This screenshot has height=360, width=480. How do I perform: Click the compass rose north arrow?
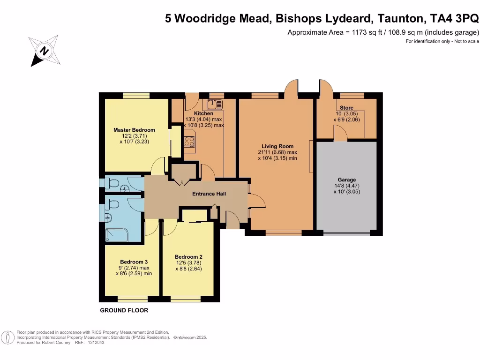[44, 51]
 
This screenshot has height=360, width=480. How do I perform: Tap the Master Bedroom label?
[134, 130]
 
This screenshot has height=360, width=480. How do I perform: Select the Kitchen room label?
[203, 113]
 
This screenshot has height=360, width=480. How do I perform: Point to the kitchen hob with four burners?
[189, 141]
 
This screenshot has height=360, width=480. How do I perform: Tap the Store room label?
[346, 108]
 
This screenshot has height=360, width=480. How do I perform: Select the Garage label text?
[346, 180]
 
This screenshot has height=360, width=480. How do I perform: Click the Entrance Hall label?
[209, 194]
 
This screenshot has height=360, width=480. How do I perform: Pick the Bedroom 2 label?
[188, 257]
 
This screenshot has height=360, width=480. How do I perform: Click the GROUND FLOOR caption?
[124, 310]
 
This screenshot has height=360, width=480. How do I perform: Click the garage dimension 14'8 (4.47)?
[346, 186]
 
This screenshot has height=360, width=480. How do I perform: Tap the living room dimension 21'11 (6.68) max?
[277, 152]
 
